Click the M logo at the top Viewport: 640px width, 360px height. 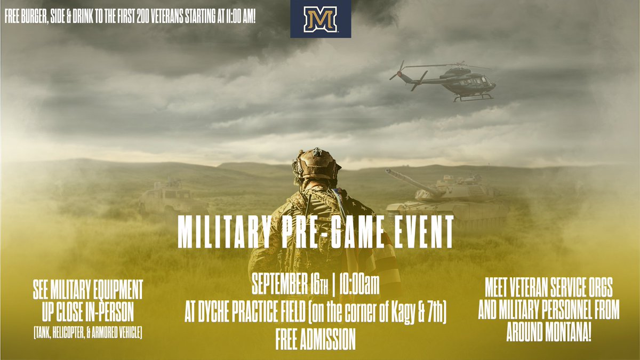coord(321,19)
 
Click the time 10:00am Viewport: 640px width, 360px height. coord(358,288)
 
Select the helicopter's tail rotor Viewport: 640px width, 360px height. coord(397,69)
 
